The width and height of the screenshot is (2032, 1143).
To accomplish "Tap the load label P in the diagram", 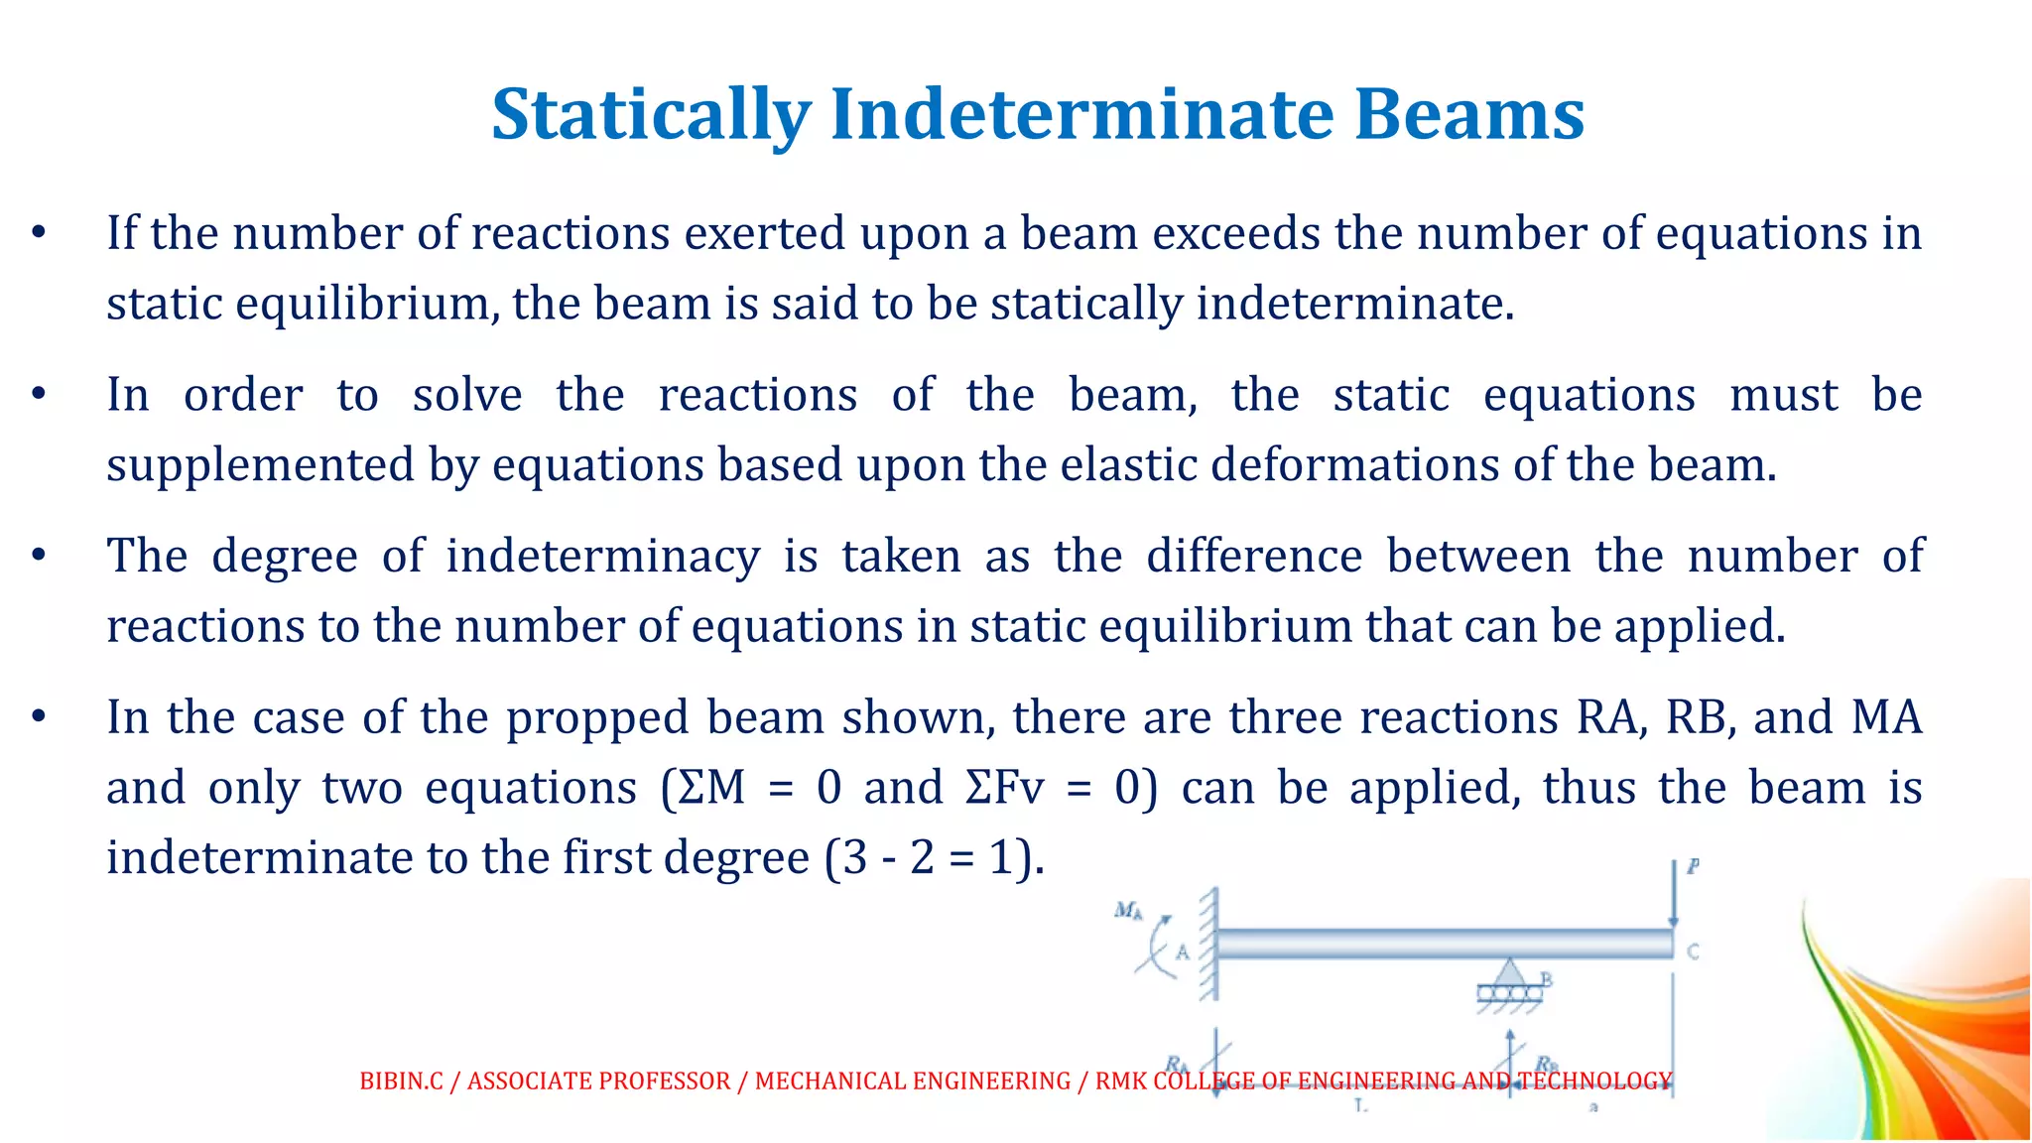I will point(1693,866).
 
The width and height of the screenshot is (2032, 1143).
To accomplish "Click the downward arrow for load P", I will point(1674,893).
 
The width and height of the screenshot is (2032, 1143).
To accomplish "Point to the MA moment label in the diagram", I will point(1128,910).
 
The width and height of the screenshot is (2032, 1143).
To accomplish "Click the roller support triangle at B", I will point(1509,972).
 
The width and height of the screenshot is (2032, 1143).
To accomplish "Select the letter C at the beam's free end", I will point(1693,952).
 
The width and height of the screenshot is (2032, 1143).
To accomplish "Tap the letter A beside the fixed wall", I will point(1182,952).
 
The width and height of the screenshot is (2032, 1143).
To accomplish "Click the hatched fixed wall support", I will point(1208,943).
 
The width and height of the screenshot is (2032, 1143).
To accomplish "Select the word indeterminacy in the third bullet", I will point(602,556).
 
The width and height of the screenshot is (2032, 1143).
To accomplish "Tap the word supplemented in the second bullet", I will point(260,465).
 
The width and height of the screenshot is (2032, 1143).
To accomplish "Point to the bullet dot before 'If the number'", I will point(39,234).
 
